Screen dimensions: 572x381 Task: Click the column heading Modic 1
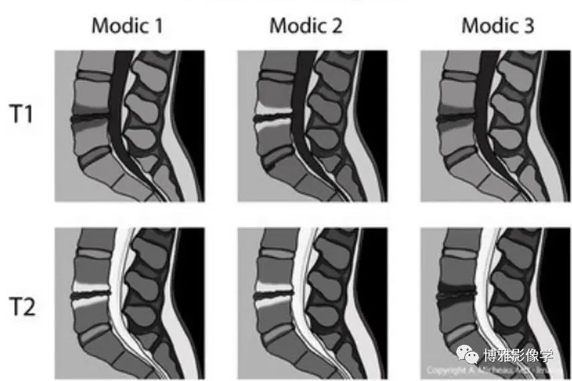[127, 26]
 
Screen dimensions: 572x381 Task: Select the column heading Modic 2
[306, 26]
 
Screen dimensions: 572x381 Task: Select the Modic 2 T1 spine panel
[312, 125]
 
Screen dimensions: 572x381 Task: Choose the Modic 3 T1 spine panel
[494, 125]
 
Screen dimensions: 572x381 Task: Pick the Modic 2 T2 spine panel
[312, 303]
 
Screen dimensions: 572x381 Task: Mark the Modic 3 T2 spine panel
[494, 303]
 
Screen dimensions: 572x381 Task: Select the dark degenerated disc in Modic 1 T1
[90, 119]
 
